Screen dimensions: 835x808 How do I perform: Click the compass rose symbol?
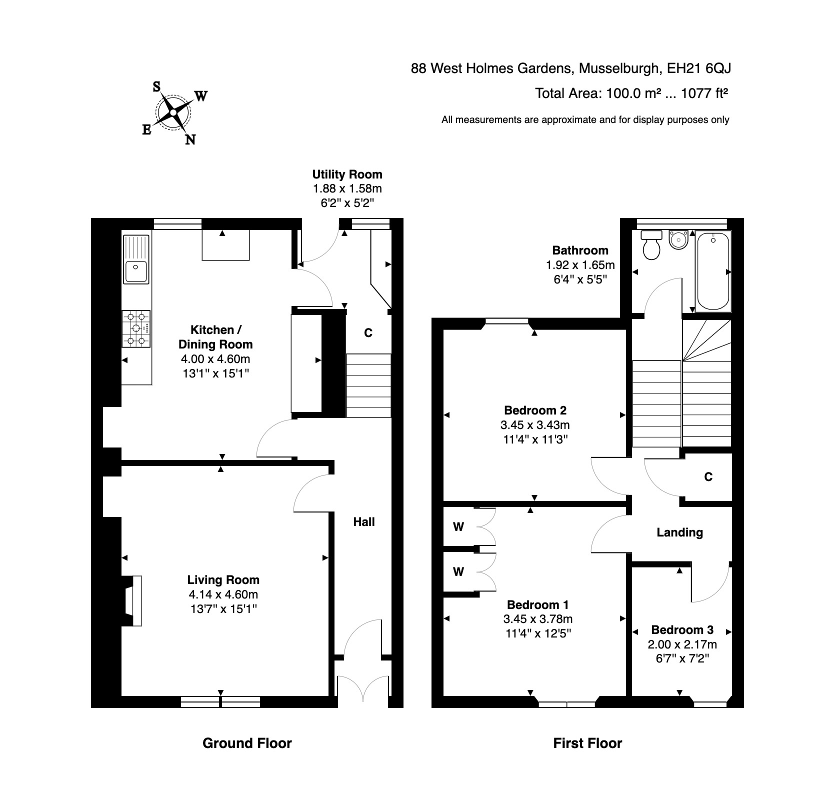pyautogui.click(x=173, y=112)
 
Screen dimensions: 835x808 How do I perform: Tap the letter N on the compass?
pyautogui.click(x=190, y=140)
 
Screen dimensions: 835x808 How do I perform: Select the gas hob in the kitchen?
pyautogui.click(x=136, y=328)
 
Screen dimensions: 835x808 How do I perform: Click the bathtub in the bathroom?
pyautogui.click(x=713, y=271)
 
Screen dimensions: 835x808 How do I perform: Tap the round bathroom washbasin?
pyautogui.click(x=678, y=239)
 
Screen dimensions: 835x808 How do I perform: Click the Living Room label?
pyautogui.click(x=223, y=580)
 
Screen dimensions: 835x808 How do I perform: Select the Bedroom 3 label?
pyautogui.click(x=682, y=629)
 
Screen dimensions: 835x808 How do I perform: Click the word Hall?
pyautogui.click(x=364, y=522)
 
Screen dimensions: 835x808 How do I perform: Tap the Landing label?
pyautogui.click(x=679, y=532)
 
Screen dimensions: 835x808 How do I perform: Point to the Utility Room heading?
pyautogui.click(x=347, y=174)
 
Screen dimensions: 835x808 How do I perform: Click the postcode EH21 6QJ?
pyautogui.click(x=699, y=68)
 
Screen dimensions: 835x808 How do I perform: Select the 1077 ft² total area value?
pyautogui.click(x=704, y=93)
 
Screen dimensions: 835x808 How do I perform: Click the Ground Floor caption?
pyautogui.click(x=247, y=743)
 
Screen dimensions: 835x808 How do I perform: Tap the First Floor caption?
pyautogui.click(x=587, y=743)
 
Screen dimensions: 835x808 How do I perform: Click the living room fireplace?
pyautogui.click(x=131, y=600)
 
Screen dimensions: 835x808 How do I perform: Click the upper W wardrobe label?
pyautogui.click(x=458, y=526)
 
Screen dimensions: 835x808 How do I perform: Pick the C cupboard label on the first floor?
pyautogui.click(x=708, y=477)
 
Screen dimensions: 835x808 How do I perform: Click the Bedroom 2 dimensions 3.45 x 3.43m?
pyautogui.click(x=535, y=425)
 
